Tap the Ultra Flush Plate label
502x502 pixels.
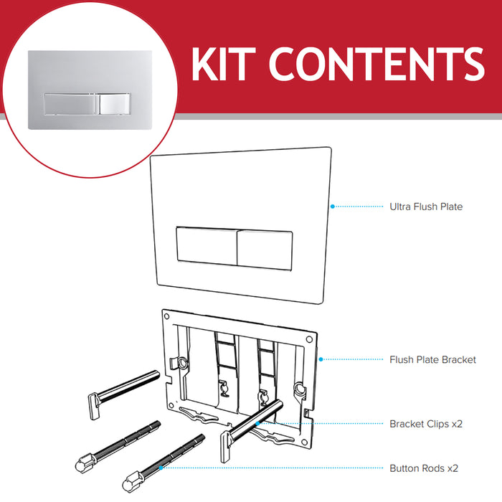click(426, 207)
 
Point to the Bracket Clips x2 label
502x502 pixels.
click(426, 424)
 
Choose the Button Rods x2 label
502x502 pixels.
click(424, 468)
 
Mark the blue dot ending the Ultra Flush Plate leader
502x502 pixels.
click(332, 207)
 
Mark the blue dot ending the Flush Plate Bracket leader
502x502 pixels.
click(321, 359)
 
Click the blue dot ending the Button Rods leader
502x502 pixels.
click(161, 468)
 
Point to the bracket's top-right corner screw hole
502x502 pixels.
click(308, 338)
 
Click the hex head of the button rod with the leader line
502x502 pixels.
click(131, 477)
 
